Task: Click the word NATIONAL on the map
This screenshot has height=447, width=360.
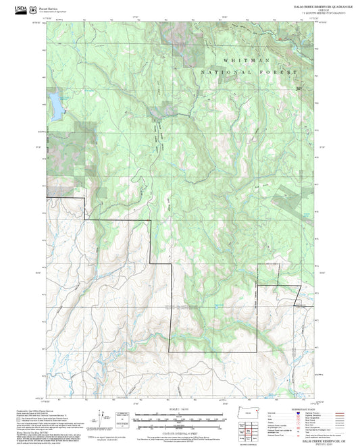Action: (x=221, y=72)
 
